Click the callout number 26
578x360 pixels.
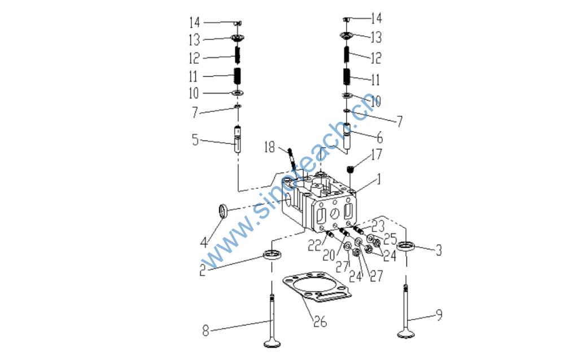[320, 322]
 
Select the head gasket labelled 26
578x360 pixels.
[317, 287]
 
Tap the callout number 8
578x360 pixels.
[205, 331]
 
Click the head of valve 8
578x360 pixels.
[272, 344]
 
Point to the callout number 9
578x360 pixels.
[439, 314]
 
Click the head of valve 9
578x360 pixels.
[406, 334]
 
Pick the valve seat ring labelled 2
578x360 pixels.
[272, 254]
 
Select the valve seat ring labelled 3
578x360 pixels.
[406, 246]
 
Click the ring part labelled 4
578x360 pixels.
[222, 212]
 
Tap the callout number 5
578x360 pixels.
[195, 140]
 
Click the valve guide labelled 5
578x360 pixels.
[238, 139]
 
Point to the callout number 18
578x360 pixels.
[269, 147]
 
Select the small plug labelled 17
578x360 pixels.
[350, 170]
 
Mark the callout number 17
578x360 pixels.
[376, 155]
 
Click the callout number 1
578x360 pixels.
[378, 179]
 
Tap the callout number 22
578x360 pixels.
[315, 245]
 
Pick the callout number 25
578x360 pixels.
[390, 239]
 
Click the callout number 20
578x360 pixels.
[329, 255]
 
